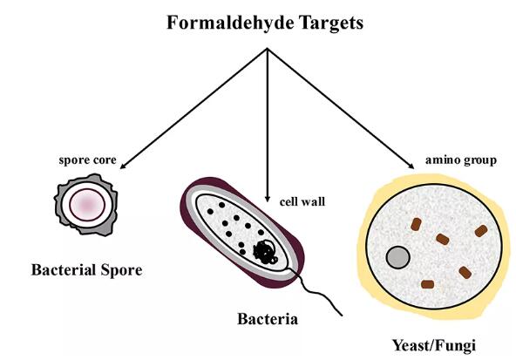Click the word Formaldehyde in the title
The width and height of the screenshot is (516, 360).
pos(231,24)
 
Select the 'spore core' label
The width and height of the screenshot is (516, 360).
pos(87,160)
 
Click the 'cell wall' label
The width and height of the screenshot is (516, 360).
pos(302,201)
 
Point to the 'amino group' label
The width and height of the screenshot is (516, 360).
pos(461,160)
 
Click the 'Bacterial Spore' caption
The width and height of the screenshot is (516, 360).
pos(87,270)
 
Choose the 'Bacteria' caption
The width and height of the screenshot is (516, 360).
pos(268,319)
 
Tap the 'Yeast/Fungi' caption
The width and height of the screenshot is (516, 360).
pos(434,346)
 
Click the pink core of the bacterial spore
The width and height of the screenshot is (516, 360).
pos(87,205)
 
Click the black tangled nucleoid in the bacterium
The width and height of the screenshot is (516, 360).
pos(265,253)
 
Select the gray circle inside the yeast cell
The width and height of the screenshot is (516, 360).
pos(397,257)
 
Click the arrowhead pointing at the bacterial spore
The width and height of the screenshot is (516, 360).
pos(123,166)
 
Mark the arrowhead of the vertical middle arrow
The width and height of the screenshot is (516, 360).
pos(268,199)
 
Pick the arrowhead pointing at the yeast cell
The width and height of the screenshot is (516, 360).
pos(411,166)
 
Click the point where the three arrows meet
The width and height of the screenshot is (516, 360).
pos(268,48)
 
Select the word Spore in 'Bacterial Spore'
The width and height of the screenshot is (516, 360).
pos(121,271)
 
